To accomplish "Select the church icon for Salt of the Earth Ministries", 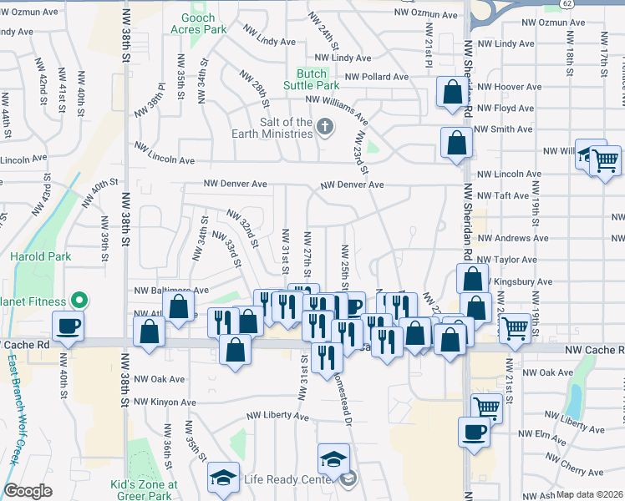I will tap(324, 128).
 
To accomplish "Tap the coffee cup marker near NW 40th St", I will tap(67, 325).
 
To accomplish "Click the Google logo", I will tap(28, 491).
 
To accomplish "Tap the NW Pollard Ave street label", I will tap(376, 77).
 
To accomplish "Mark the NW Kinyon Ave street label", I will tap(165, 402).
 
